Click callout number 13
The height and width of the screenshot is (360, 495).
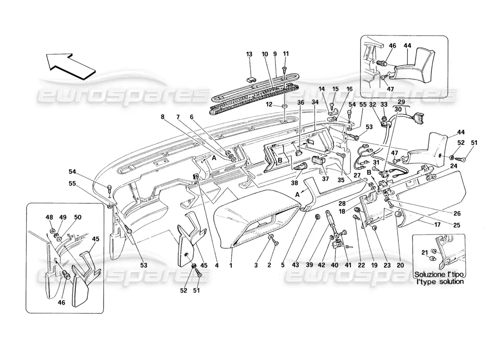coord(249,54)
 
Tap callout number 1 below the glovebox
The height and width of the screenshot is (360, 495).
coord(231,265)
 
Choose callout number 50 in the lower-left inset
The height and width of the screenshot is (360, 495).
coord(78,216)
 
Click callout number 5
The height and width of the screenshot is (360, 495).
coord(283,265)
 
